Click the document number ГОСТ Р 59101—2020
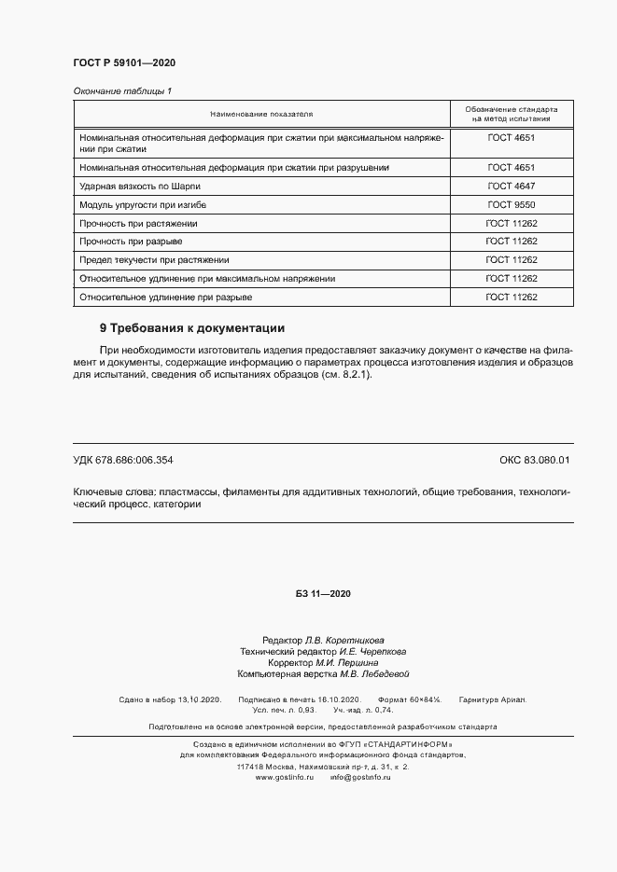[124, 62]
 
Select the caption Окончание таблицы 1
[122, 90]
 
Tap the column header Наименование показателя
[261, 114]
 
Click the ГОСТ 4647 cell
[511, 186]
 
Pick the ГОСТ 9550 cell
[511, 204]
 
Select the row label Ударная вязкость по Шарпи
[140, 186]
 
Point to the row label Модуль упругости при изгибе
[143, 204]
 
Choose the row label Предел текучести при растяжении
[154, 260]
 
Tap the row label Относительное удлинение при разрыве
[166, 297]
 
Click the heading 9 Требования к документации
[191, 328]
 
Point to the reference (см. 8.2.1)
[346, 374]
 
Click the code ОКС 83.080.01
[534, 460]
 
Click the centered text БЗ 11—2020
[323, 595]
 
